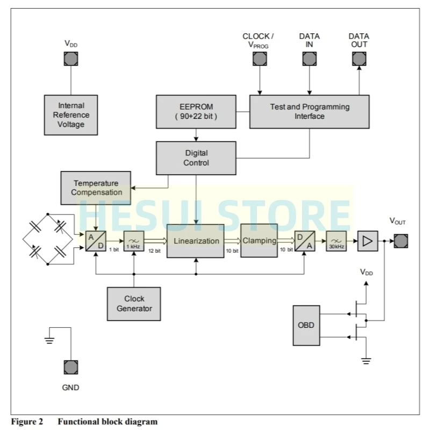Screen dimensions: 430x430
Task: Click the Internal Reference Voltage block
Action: [71, 115]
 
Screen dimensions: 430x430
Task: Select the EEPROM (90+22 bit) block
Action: [196, 111]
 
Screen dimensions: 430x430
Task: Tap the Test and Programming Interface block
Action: [309, 111]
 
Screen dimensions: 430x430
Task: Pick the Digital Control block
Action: [196, 158]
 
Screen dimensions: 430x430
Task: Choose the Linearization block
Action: [196, 241]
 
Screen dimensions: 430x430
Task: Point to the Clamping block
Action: [259, 241]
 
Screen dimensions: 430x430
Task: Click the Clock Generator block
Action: [134, 304]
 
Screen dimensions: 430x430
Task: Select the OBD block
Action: [306, 325]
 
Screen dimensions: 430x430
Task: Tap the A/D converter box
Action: [95, 241]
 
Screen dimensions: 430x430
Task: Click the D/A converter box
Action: [305, 241]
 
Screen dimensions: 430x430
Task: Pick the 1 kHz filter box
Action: [133, 241]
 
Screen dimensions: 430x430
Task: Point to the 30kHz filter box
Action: [336, 241]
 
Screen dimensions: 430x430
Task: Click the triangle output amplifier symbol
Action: [368, 241]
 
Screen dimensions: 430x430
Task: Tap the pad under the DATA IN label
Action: [309, 59]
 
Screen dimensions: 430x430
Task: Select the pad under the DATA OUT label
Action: [359, 59]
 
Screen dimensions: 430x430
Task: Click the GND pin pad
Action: [71, 368]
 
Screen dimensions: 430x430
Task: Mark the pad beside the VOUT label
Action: [400, 241]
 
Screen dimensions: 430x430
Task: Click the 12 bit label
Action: [154, 250]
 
